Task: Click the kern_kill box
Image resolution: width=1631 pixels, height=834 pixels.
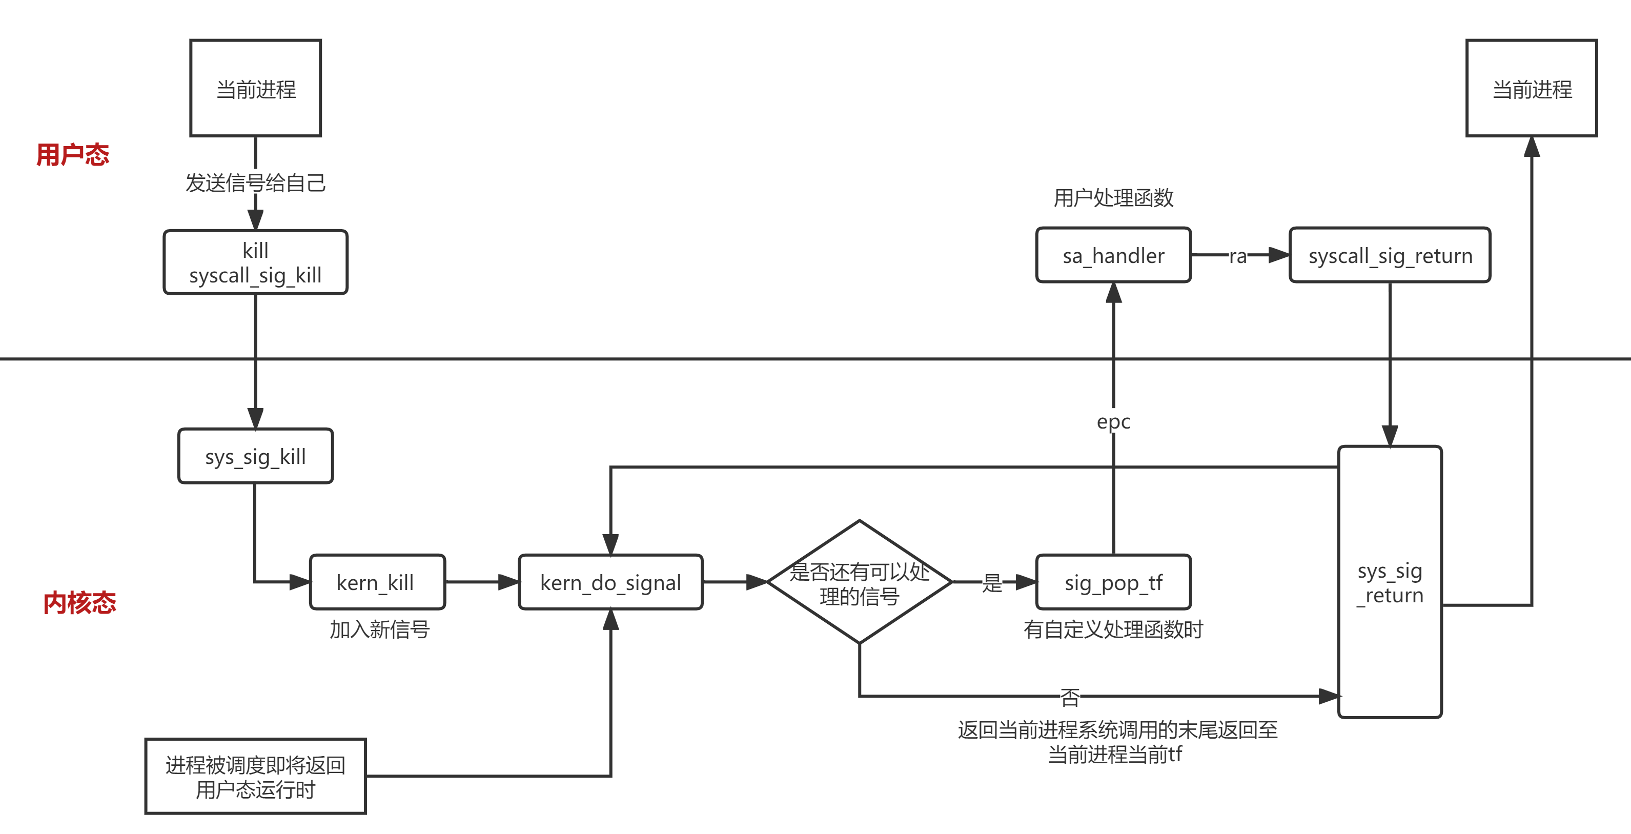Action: click(x=377, y=582)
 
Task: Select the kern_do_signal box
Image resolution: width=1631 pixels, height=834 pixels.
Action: click(x=610, y=582)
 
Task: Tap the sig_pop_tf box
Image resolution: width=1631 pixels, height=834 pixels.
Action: click(x=1113, y=582)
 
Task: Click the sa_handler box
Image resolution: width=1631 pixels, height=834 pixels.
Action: click(x=1113, y=255)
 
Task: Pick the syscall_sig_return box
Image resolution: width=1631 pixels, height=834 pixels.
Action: click(x=1390, y=255)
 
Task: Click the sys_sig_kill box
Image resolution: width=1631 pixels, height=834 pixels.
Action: click(x=255, y=456)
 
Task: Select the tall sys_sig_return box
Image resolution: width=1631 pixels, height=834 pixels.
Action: click(x=1390, y=581)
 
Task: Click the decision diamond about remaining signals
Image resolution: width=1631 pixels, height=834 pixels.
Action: click(x=859, y=582)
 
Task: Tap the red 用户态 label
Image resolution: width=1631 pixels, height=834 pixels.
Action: click(x=73, y=154)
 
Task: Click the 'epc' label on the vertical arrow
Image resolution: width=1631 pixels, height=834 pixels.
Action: click(x=1113, y=421)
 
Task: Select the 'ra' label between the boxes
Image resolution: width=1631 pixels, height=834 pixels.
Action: click(x=1238, y=256)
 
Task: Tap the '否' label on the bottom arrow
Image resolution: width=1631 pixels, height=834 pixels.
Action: click(x=1070, y=697)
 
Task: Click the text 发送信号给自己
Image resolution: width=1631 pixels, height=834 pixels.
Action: click(x=255, y=183)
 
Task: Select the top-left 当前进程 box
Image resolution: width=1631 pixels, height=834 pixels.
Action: click(x=255, y=88)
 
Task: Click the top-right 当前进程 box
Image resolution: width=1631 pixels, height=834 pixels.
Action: click(x=1532, y=88)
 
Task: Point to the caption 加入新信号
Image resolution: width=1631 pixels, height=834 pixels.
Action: click(x=379, y=629)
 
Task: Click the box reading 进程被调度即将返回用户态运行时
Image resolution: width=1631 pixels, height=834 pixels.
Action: click(x=255, y=777)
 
